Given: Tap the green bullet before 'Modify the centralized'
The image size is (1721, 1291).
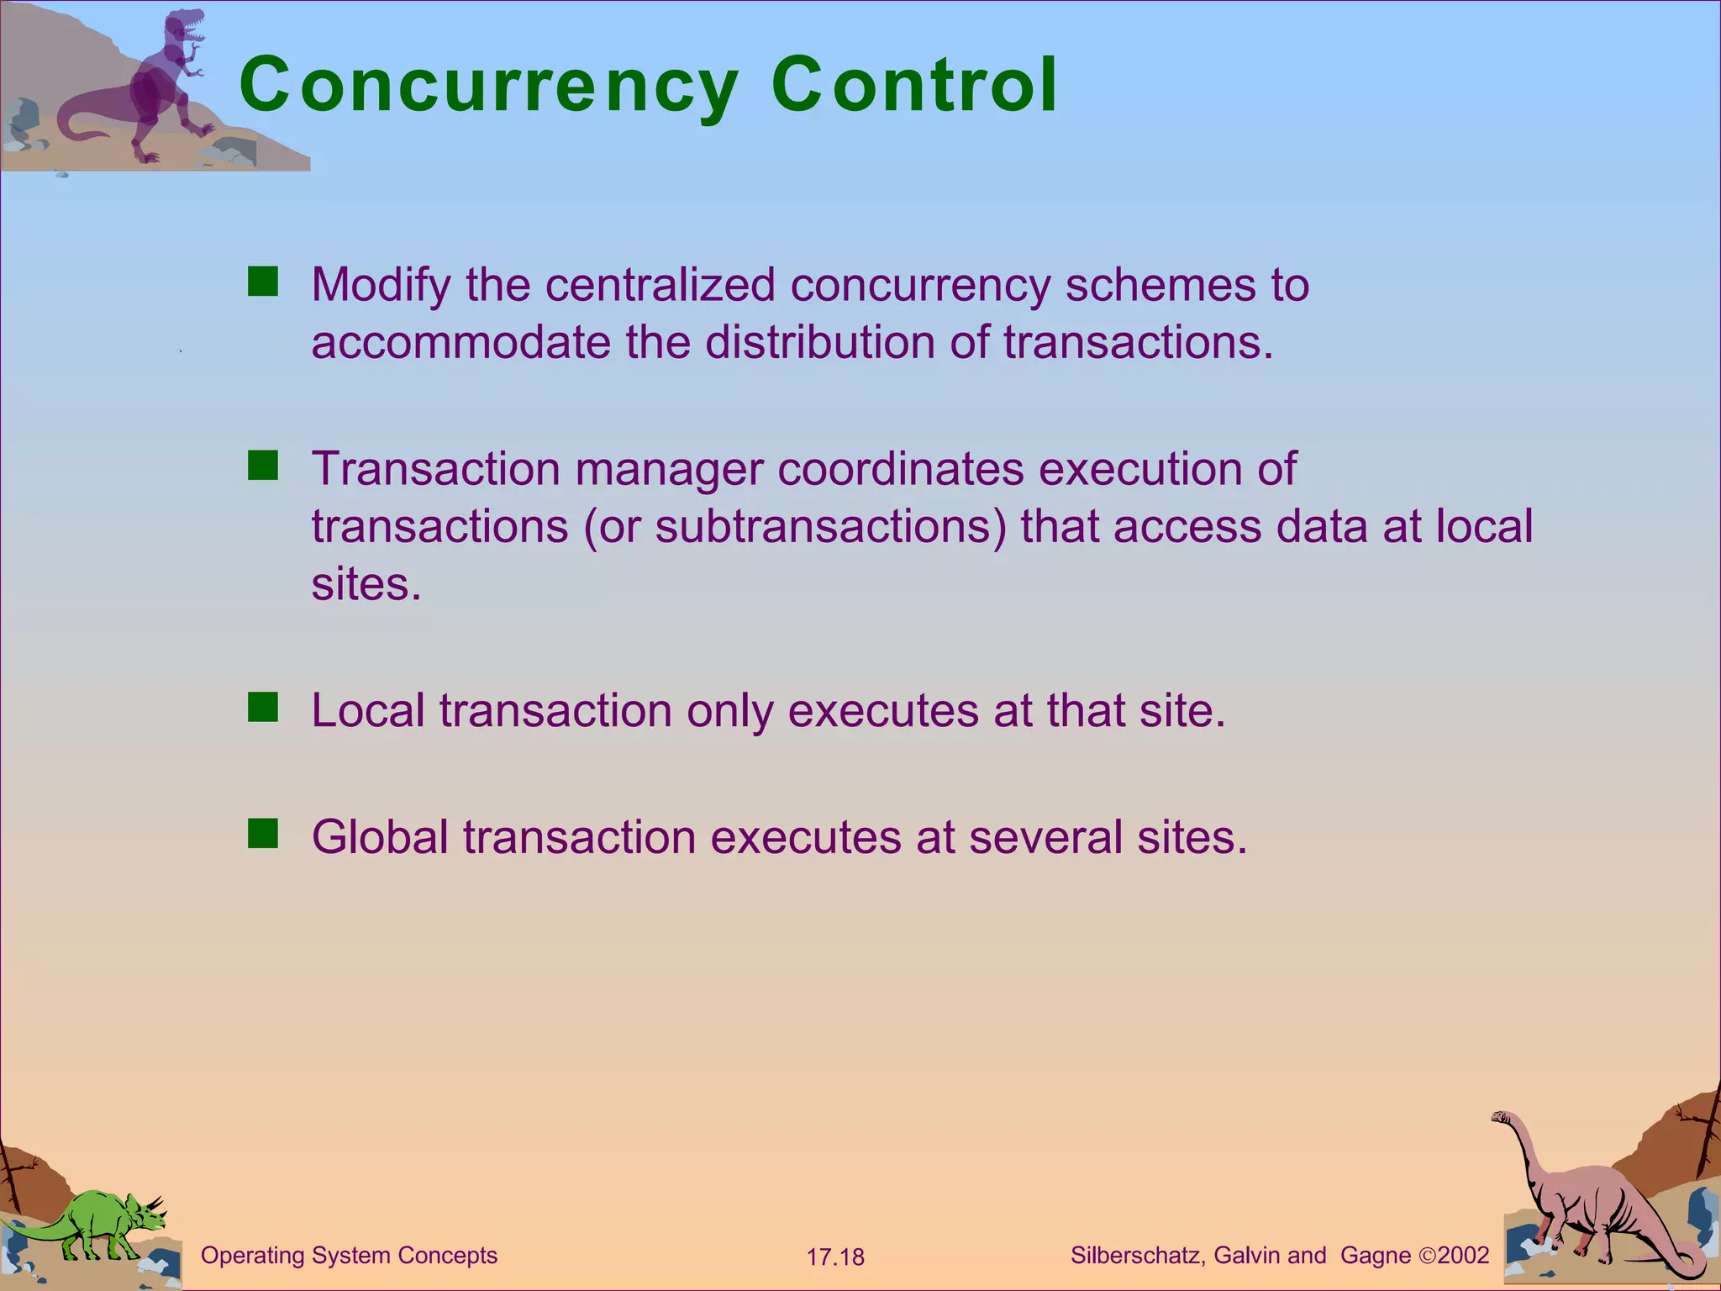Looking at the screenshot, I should point(263,282).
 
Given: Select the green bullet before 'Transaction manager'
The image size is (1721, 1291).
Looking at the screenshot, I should point(263,466).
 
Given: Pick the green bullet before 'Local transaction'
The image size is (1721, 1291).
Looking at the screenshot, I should point(263,708).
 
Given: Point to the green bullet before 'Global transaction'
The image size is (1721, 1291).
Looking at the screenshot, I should point(263,834).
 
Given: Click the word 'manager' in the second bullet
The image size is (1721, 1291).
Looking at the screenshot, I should point(668,469).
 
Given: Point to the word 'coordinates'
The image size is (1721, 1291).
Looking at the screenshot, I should point(900,468).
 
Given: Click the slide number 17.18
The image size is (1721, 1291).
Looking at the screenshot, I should point(835,1257).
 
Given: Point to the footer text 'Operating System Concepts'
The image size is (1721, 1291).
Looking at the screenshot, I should point(349,1255).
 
